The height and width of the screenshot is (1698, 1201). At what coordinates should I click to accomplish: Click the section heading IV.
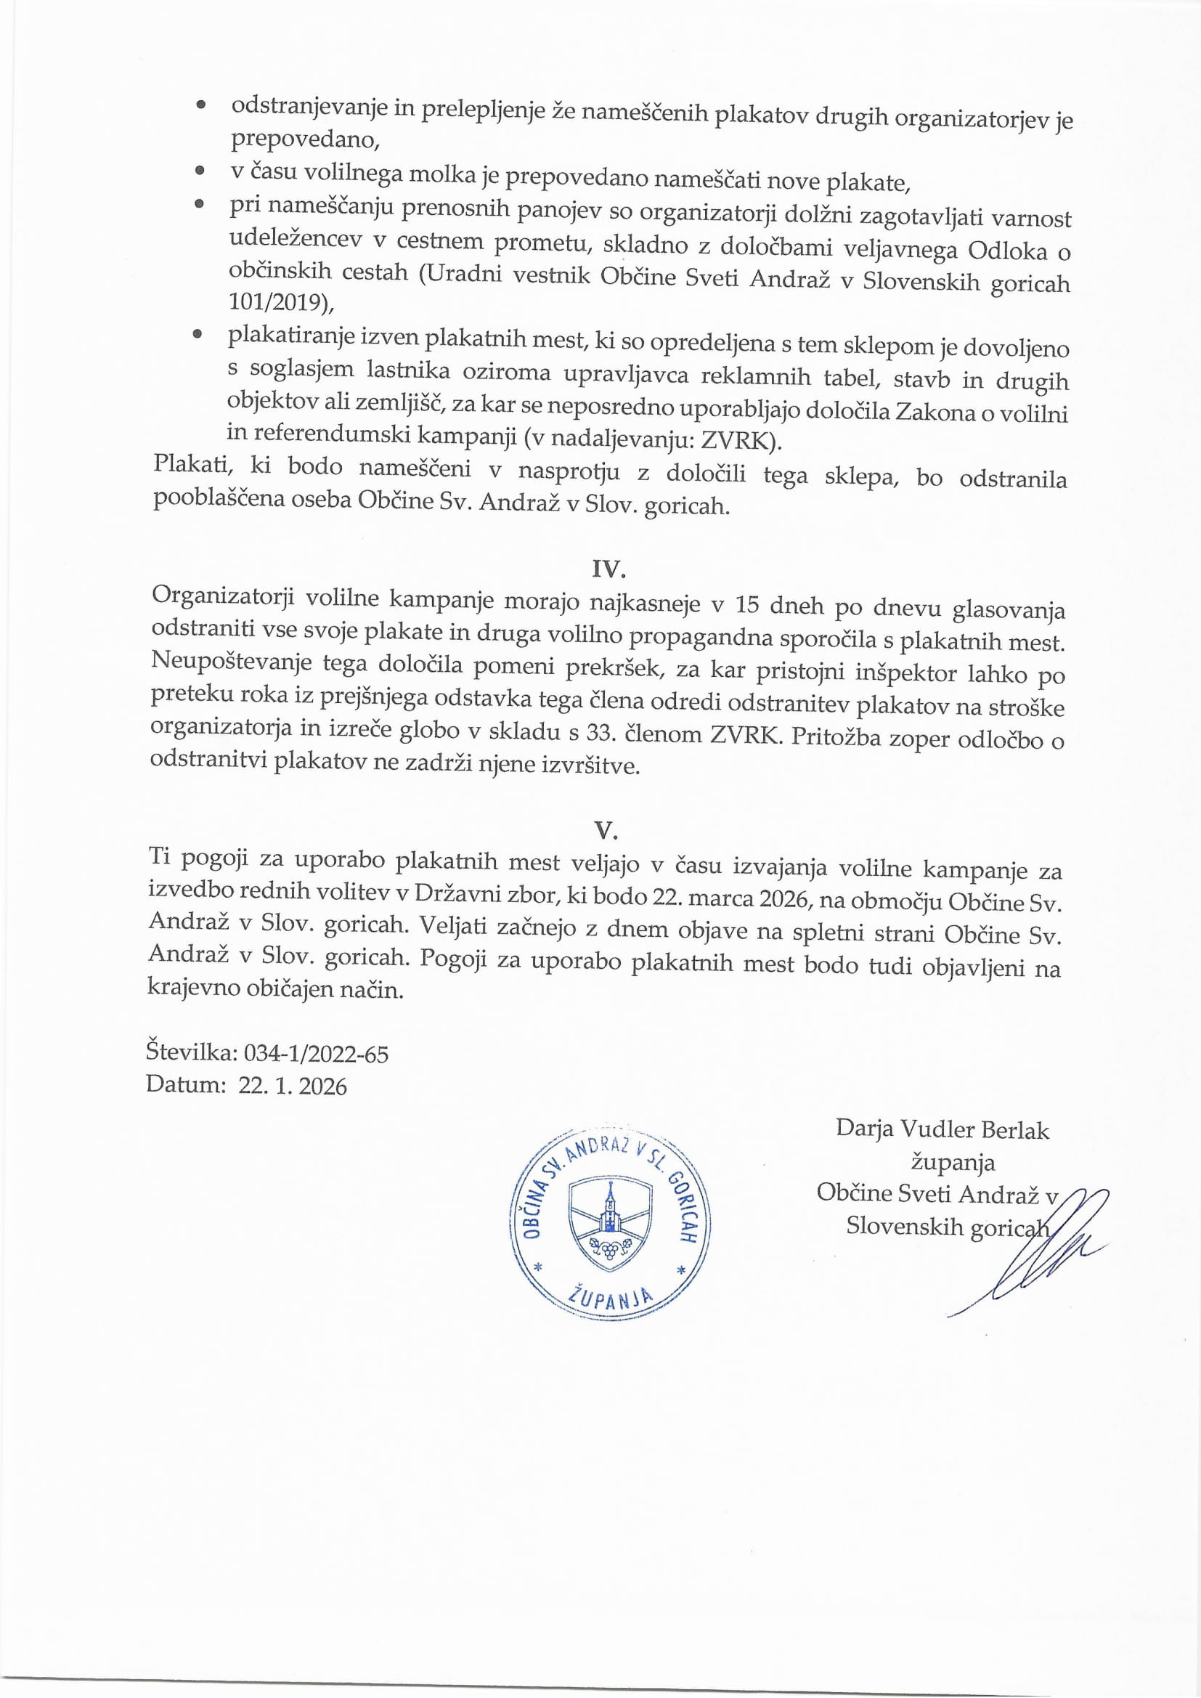click(x=608, y=568)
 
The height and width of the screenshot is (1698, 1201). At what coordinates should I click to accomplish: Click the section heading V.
click(x=606, y=831)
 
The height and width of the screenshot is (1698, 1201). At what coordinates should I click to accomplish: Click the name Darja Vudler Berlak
click(x=943, y=1129)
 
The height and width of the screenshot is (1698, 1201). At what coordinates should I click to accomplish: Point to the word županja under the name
click(x=953, y=1162)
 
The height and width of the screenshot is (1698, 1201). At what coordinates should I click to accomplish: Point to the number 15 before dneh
click(x=748, y=605)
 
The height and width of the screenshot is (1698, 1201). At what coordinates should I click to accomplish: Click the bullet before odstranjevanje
click(x=200, y=107)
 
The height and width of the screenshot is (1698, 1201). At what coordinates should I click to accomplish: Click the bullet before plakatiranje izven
click(x=198, y=335)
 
